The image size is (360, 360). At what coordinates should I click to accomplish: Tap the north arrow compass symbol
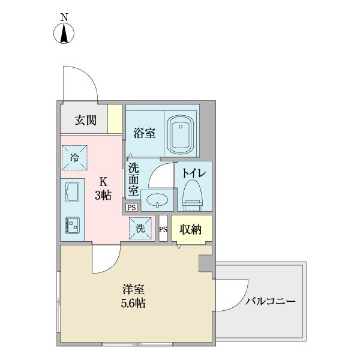64,34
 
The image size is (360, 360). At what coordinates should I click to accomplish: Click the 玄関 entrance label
85,120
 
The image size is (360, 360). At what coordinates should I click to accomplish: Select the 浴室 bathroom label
145,133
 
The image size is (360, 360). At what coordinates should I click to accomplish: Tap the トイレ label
194,173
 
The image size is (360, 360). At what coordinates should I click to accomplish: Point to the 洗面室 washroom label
133,178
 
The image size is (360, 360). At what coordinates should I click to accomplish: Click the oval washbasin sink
157,200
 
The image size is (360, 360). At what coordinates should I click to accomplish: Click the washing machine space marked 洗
140,228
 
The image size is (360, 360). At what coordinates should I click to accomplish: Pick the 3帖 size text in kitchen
103,195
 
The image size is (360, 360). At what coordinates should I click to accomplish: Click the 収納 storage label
191,229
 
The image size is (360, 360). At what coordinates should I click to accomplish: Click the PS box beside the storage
163,229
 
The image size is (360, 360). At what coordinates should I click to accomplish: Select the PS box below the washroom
131,207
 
